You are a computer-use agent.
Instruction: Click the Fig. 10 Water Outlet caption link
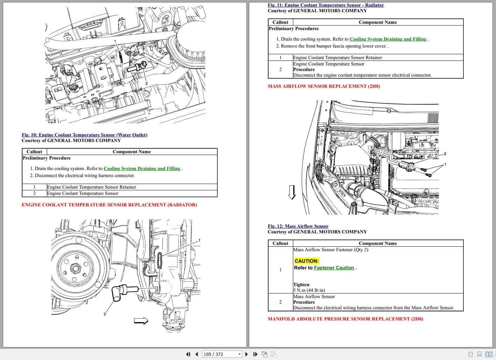click(84, 135)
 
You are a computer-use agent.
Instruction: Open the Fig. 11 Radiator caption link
click(325, 5)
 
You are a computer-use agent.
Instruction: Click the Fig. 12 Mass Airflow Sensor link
click(298, 226)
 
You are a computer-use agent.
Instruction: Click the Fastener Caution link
click(334, 268)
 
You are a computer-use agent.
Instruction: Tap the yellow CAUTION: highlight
click(307, 261)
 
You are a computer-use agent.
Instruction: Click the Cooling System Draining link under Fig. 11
click(388, 39)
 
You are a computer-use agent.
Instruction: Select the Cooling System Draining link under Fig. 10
click(142, 169)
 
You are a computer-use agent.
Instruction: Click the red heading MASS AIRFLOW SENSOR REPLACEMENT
click(324, 86)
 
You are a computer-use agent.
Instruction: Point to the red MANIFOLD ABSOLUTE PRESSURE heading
click(345, 319)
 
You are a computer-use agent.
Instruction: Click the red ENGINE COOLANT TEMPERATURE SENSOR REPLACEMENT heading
click(109, 205)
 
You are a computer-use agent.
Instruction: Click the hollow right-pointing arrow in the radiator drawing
click(141, 320)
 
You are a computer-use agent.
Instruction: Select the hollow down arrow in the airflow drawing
click(292, 192)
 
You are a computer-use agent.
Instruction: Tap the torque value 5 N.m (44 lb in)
click(309, 290)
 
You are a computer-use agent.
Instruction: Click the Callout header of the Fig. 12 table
click(280, 243)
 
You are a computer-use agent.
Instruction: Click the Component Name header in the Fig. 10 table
click(132, 151)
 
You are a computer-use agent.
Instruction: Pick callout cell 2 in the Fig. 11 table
click(280, 69)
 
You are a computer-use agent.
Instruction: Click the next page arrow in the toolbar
click(246, 354)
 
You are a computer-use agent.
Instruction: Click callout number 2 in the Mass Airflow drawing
click(445, 154)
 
